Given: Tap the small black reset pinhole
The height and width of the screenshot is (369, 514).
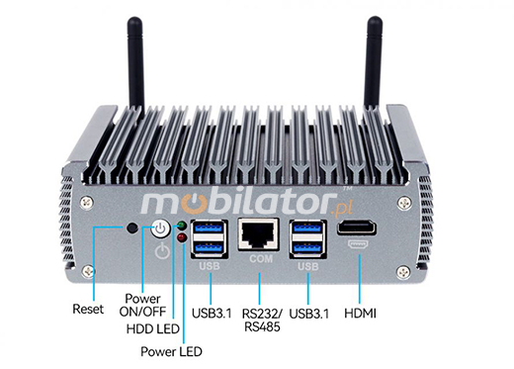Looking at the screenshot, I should [133, 231].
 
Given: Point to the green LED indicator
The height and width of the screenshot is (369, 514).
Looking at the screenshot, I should [180, 226].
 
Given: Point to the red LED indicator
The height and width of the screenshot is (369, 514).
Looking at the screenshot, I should [180, 237].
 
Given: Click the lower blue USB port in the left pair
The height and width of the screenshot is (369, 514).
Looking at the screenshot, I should [209, 248].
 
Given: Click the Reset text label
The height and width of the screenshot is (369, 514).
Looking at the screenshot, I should [88, 310].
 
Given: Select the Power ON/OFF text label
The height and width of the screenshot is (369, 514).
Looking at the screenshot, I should [140, 305].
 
